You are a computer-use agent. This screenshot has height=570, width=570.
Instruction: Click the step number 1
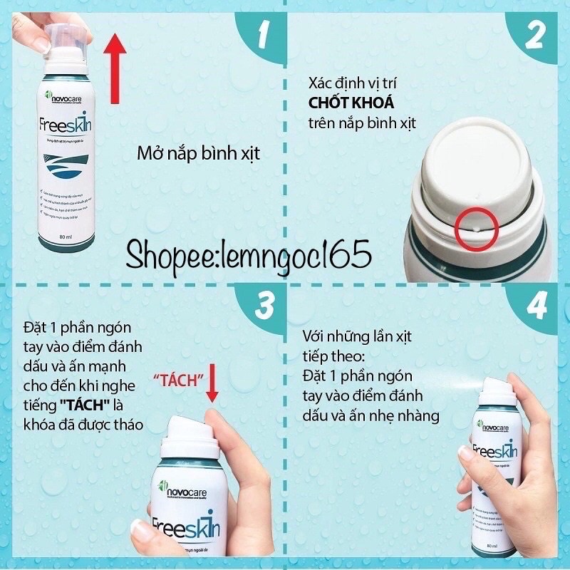click(x=262, y=33)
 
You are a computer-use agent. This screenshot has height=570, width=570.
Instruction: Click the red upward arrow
click(x=115, y=68)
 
